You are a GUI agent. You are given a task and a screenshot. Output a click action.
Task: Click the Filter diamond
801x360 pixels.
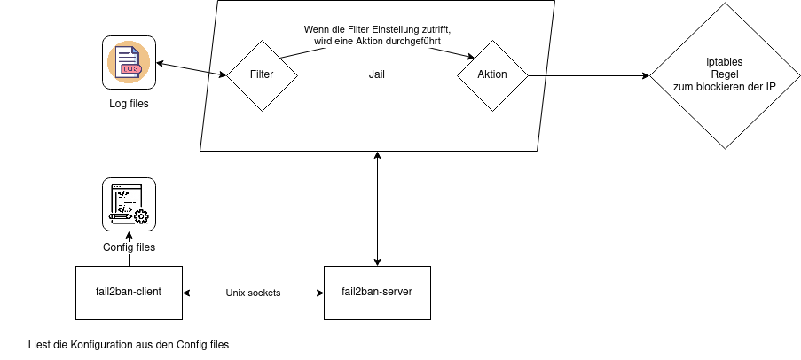pos(262,75)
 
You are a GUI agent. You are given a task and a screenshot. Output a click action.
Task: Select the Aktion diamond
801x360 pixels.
pos(492,75)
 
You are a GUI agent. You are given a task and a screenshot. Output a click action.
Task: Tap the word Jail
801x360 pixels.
pos(376,75)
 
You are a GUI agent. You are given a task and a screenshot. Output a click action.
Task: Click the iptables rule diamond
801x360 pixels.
pos(726,75)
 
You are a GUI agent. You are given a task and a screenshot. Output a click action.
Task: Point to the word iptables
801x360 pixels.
pos(726,62)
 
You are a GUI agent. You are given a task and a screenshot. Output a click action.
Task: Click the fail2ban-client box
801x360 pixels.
pos(129,293)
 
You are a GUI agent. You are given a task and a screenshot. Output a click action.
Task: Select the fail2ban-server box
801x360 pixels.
pos(377,293)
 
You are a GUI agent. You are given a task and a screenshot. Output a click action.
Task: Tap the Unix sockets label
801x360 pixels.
pos(254,293)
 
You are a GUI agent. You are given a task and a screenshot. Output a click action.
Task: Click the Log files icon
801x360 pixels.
pos(129,62)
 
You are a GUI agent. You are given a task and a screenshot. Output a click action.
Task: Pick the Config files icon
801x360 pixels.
pos(129,204)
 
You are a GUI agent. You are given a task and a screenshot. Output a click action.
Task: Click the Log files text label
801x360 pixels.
pos(129,105)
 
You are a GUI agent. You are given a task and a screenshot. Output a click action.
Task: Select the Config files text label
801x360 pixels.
pos(129,247)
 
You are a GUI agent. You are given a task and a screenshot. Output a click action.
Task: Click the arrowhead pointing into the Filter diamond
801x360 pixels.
pos(222,75)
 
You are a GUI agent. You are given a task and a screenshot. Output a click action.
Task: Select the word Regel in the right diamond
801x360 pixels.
pos(726,74)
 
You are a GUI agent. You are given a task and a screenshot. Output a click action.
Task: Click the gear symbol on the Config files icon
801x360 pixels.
pos(141,215)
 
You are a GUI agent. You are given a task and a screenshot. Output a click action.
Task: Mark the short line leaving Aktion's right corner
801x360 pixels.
pos(536,75)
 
